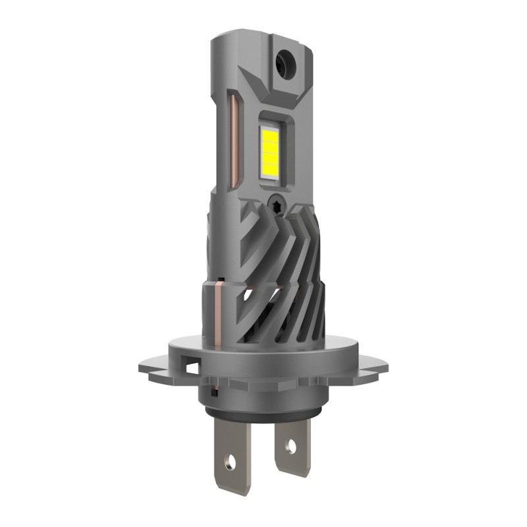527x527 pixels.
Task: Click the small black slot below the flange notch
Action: coord(214,393)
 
